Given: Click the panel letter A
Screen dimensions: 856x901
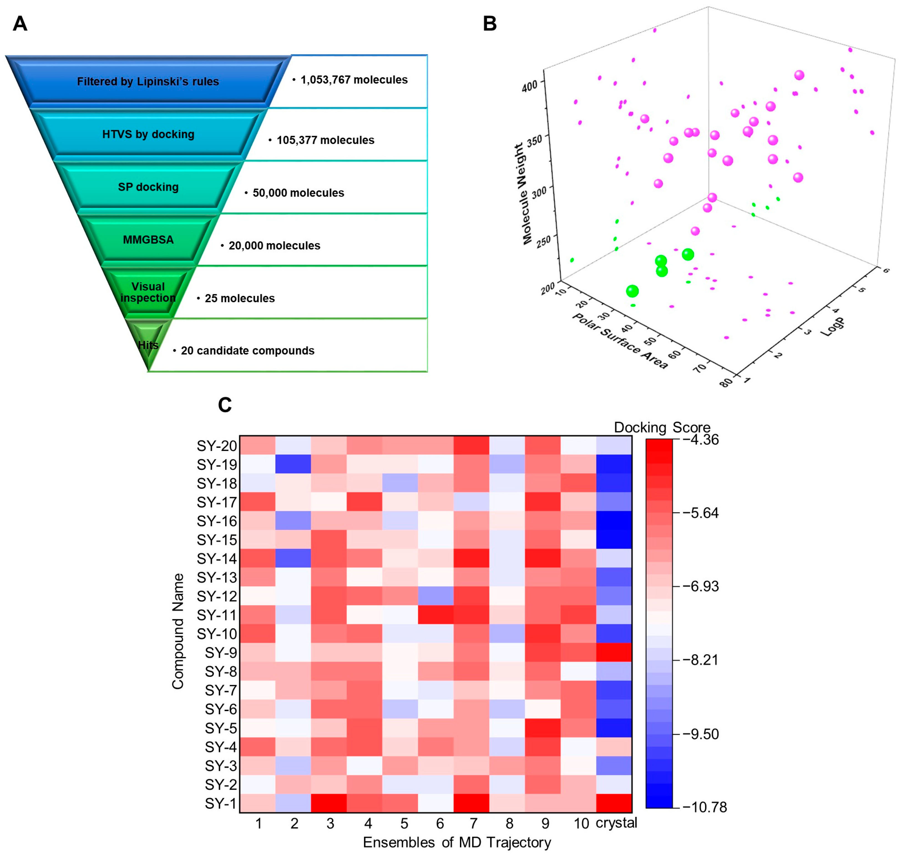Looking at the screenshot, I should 20,24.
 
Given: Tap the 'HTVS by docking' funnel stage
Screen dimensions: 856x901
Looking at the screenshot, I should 148,134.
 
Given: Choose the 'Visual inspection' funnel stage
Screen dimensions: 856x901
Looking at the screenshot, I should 148,292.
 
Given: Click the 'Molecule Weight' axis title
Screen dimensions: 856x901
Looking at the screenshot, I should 524,194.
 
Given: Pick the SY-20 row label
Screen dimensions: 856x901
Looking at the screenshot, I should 217,446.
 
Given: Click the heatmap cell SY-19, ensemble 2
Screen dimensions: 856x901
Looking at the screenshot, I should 293,465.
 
